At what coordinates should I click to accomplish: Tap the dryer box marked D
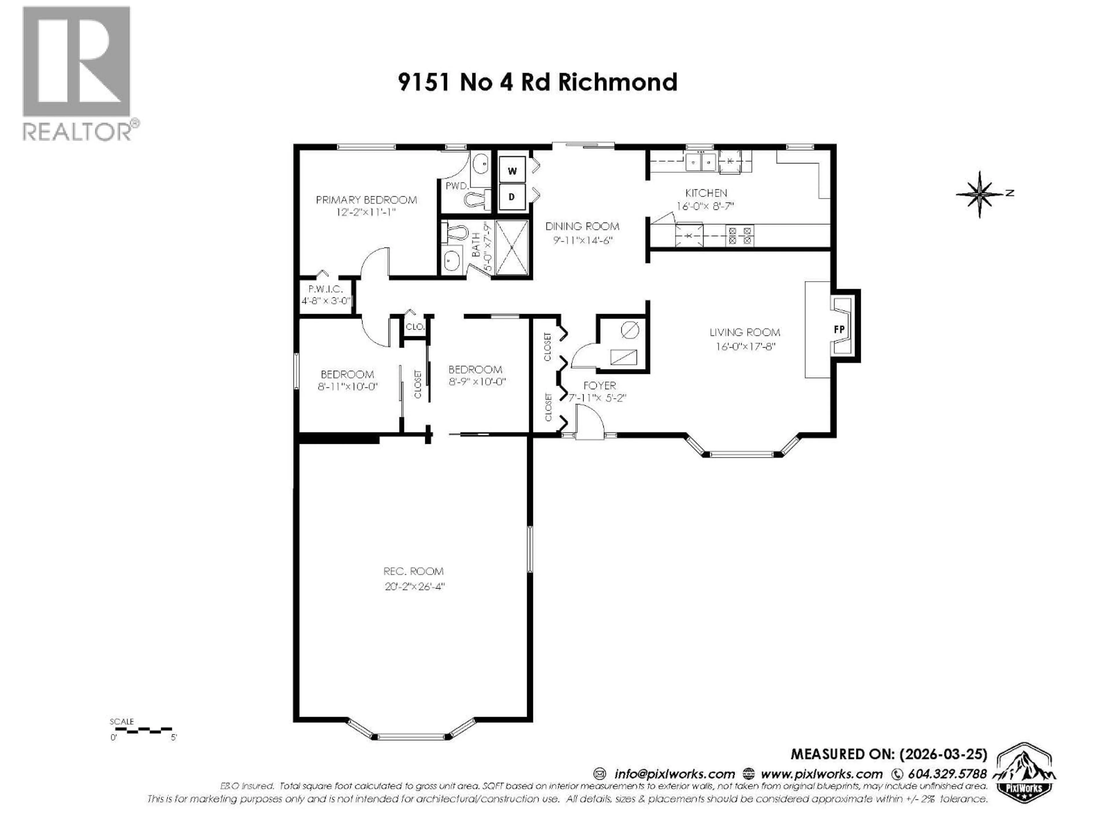point(512,197)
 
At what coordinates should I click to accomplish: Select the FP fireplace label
point(839,330)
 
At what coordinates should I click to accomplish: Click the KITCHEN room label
point(706,193)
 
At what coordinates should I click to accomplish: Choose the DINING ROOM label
point(582,227)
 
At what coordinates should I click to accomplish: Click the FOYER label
point(599,386)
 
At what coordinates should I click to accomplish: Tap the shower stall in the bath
point(511,248)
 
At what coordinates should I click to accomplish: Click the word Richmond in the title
point(618,82)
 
